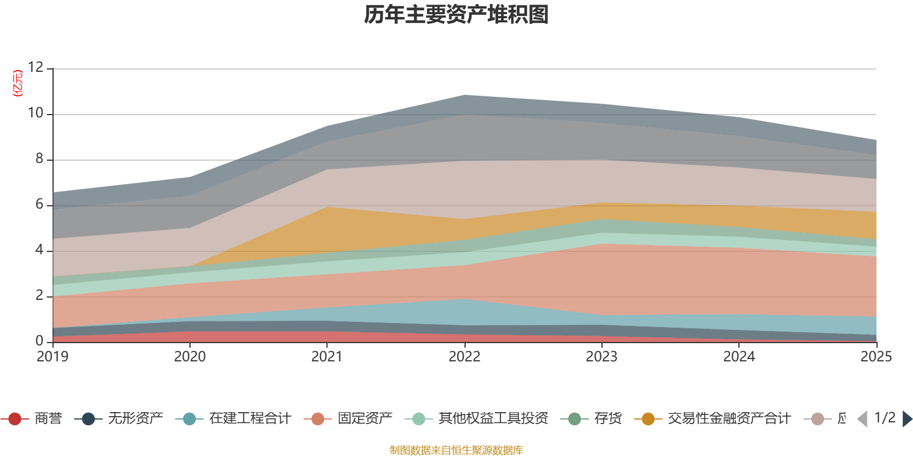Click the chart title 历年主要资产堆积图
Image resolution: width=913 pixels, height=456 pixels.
(457, 15)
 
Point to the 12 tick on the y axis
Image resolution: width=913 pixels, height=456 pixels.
(35, 68)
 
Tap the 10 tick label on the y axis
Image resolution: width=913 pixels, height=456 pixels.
(35, 113)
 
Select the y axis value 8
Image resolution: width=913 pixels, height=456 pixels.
(39, 159)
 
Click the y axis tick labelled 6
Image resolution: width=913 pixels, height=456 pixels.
(39, 205)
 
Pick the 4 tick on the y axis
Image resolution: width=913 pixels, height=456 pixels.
(39, 250)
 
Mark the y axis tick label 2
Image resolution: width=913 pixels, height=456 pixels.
(39, 296)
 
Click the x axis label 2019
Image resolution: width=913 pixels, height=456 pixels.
(52, 357)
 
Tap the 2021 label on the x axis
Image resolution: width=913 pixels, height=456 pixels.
(327, 357)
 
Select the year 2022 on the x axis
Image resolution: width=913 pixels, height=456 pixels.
(464, 357)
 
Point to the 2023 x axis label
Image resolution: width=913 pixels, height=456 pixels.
(601, 357)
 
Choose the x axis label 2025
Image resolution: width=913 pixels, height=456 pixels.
(875, 357)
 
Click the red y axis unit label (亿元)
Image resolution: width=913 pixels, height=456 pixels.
(18, 83)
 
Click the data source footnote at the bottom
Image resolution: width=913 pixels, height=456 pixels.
(457, 450)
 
